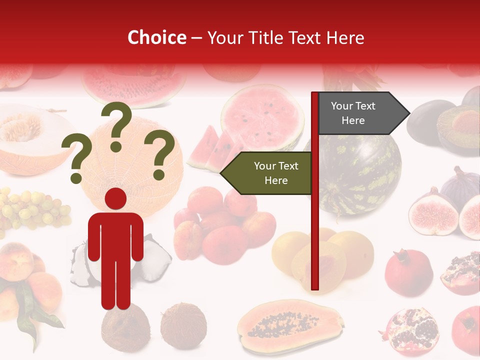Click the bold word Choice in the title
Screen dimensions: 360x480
tap(156, 37)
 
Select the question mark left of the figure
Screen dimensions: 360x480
tap(76, 159)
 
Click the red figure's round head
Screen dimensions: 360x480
tap(115, 199)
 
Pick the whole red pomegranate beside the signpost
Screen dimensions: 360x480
tap(408, 272)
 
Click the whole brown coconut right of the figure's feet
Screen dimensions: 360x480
tap(183, 325)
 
